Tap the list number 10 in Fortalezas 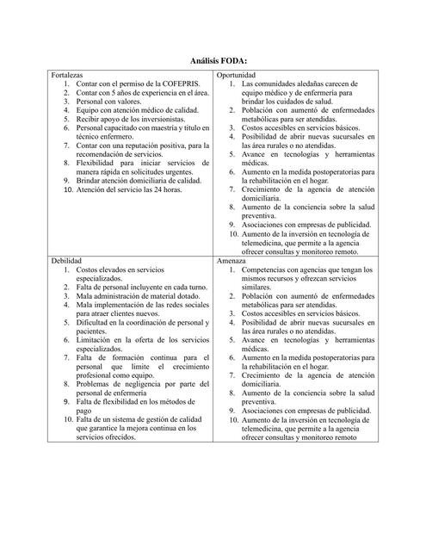coord(69,189)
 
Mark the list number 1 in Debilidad coord(67,269)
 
